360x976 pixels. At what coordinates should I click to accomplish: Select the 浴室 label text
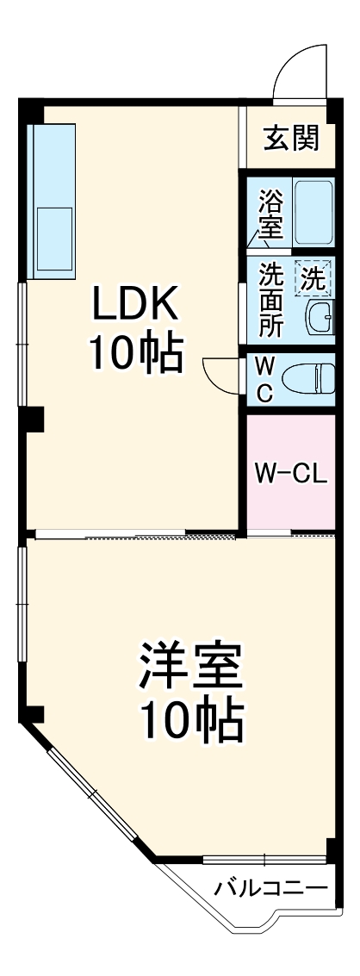[270, 215]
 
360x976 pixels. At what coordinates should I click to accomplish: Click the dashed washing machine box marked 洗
[312, 278]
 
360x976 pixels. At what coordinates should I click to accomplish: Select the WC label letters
[264, 379]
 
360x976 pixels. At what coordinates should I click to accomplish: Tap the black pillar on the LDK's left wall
[33, 419]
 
